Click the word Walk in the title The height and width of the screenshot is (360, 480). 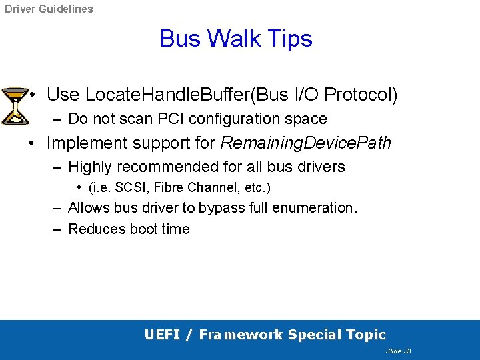pos(236,39)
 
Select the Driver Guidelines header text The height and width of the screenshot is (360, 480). pos(49,9)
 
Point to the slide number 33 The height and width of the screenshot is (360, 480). pos(407,351)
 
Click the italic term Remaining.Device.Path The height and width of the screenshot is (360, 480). pos(305,143)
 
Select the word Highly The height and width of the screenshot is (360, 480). pos(90,166)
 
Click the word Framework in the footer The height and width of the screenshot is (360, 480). pos(239,335)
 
